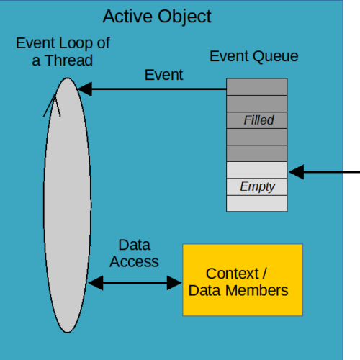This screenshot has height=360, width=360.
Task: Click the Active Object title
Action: click(157, 17)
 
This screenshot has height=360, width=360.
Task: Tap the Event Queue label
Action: click(254, 57)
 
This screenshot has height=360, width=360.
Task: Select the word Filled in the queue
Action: click(258, 120)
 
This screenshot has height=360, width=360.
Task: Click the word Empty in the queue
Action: click(258, 186)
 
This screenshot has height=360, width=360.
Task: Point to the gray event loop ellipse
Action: click(67, 205)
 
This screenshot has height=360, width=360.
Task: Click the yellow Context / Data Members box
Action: click(243, 280)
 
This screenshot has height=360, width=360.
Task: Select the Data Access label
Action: click(134, 253)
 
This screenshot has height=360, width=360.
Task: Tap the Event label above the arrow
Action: click(164, 75)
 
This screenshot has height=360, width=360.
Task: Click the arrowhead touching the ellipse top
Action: click(85, 89)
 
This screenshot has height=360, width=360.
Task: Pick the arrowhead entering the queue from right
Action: click(297, 172)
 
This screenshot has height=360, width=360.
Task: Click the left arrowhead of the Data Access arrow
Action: click(96, 283)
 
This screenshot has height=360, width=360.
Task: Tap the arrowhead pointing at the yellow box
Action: click(174, 283)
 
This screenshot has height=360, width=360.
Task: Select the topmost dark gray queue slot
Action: click(257, 87)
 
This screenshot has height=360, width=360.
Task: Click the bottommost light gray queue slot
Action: click(257, 204)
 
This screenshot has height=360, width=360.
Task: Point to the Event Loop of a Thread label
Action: click(63, 51)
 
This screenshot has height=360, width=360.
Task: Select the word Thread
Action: click(69, 60)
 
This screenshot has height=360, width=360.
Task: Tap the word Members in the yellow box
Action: click(257, 291)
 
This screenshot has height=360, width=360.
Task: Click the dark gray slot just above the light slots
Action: click(257, 153)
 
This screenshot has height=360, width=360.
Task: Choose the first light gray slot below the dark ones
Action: click(257, 170)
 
